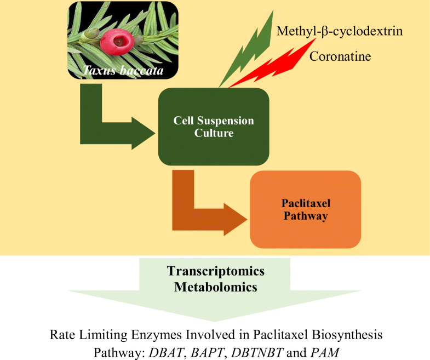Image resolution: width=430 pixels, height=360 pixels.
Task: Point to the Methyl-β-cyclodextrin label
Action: tap(340, 31)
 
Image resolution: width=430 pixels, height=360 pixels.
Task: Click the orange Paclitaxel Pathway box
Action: tap(306, 209)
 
